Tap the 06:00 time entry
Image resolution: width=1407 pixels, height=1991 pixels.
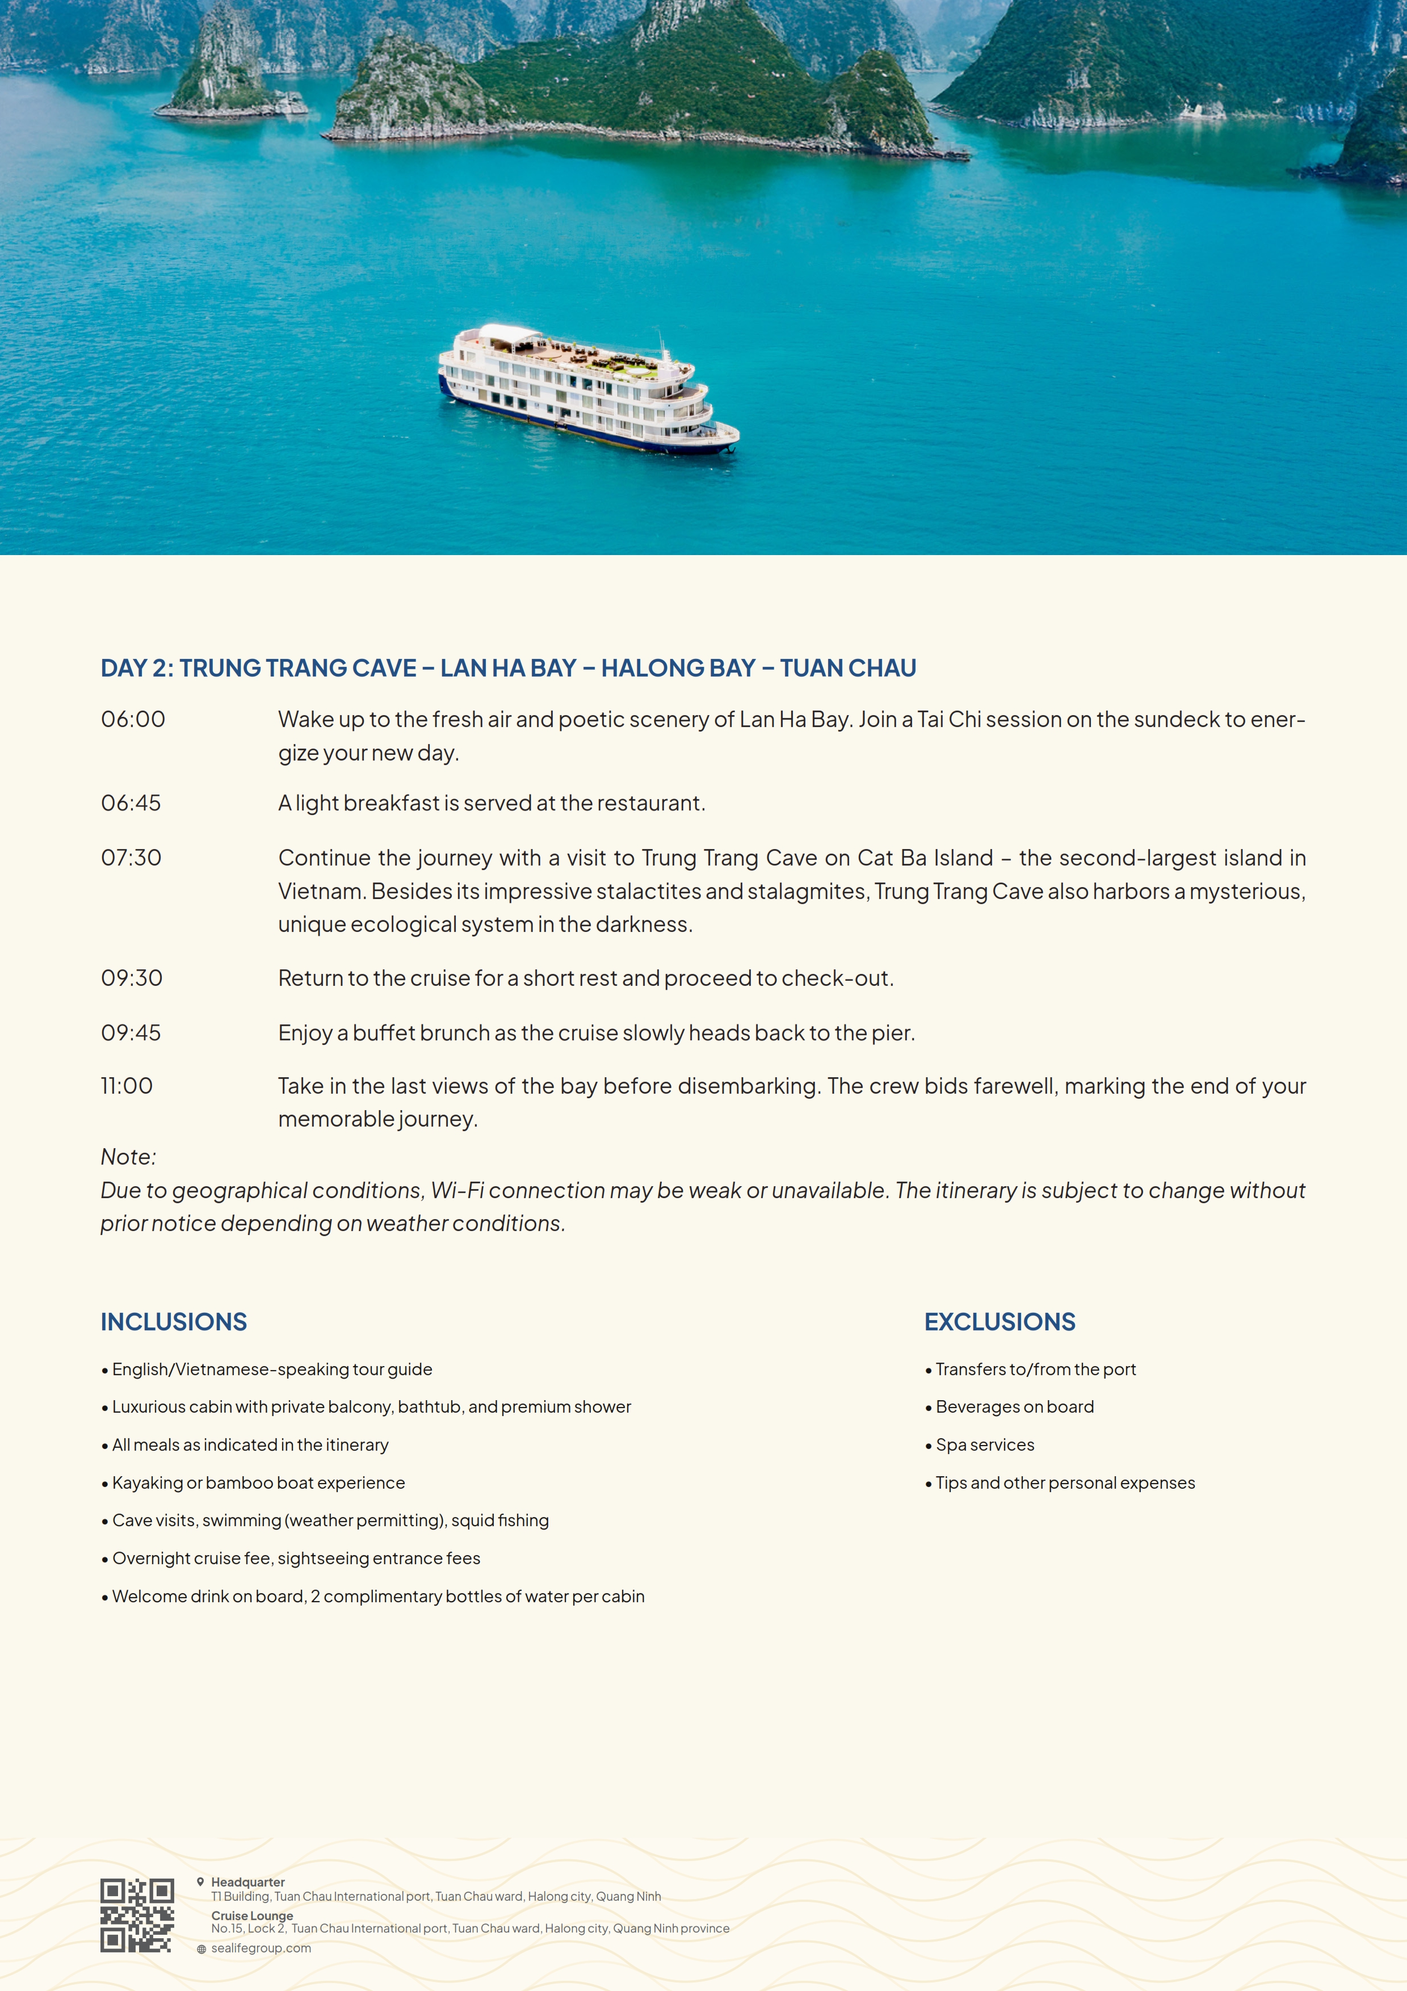[x=133, y=720]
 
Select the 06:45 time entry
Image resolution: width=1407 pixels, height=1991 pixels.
[x=131, y=804]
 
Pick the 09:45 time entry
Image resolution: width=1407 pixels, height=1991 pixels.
[x=131, y=1034]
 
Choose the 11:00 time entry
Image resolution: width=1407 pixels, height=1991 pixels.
[x=127, y=1086]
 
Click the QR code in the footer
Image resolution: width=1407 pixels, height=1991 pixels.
[x=137, y=1916]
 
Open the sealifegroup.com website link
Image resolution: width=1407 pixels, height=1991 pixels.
[x=261, y=1948]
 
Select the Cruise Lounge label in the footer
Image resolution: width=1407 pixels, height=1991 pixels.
[x=252, y=1916]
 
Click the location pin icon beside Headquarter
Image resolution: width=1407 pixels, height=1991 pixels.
[x=200, y=1881]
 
